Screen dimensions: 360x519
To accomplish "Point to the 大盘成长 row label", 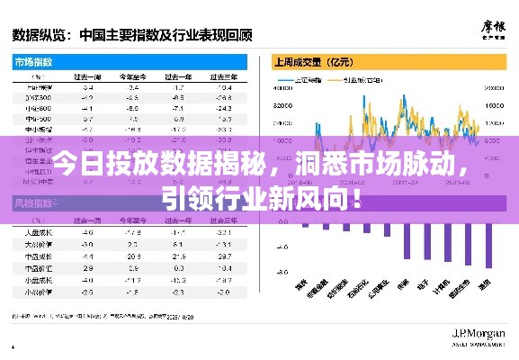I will pos(38,243).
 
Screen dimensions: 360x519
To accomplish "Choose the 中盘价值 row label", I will pos(38,267).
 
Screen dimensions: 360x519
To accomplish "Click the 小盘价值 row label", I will pos(38,291).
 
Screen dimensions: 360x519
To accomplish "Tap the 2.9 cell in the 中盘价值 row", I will pos(87,267).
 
